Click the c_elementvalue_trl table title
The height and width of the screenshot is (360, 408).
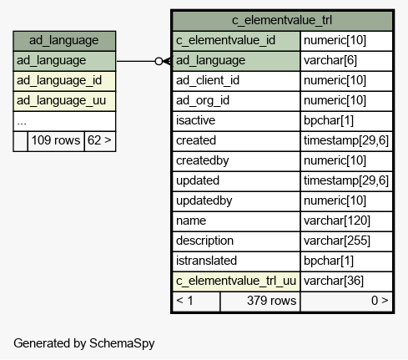click(x=282, y=20)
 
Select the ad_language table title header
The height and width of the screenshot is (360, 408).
click(x=64, y=41)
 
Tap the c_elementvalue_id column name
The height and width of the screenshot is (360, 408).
click(x=225, y=40)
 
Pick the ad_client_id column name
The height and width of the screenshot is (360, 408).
click(x=208, y=80)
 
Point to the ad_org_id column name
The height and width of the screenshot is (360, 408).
click(x=203, y=100)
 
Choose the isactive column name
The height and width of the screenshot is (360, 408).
click(x=195, y=120)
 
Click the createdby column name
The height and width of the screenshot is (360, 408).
click(x=202, y=160)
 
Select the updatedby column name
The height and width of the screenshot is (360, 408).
click(x=204, y=200)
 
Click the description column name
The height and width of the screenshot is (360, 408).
click(x=204, y=241)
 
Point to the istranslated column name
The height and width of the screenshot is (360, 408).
click(x=206, y=261)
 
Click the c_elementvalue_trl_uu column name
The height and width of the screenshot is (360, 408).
click(x=236, y=281)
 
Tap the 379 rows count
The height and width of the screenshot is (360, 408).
click(x=271, y=301)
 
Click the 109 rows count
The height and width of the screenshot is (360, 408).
click(x=56, y=140)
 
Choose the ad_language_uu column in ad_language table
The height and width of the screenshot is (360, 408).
click(x=61, y=101)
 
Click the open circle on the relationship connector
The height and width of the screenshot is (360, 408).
click(x=159, y=61)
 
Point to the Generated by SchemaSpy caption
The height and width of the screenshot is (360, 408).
click(x=84, y=343)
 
